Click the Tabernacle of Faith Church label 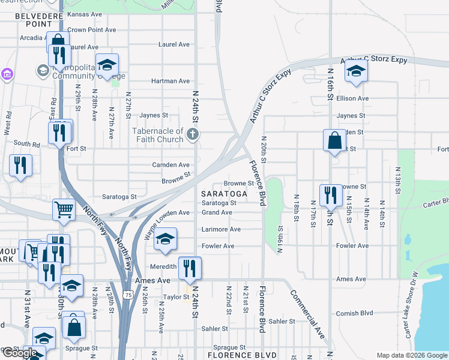click(158, 135)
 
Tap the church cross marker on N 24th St click(193, 134)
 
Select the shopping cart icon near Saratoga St click(64, 210)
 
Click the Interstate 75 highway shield click(127, 295)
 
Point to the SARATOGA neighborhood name click(224, 194)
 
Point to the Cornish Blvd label click(355, 313)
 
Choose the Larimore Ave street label click(221, 229)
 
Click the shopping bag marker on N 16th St click(334, 140)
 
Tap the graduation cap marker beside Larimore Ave click(166, 239)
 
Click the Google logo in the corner click(20, 353)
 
